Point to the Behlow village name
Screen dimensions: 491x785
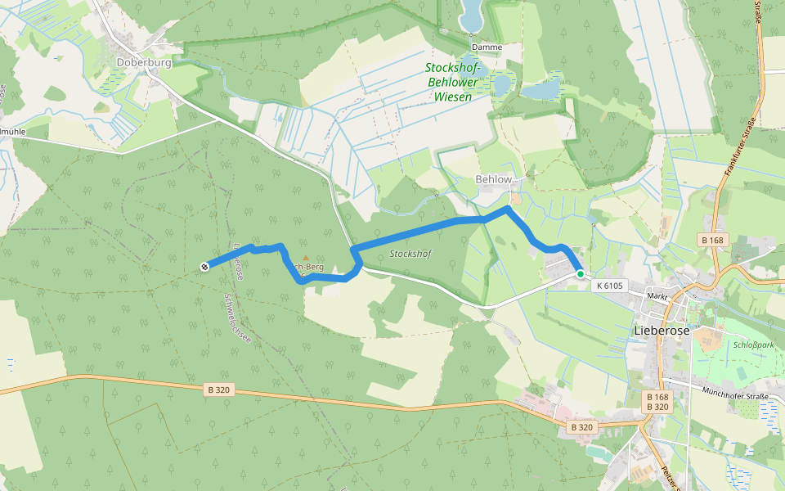[494, 179]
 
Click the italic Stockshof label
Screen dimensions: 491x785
[410, 254]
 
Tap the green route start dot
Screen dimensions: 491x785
[581, 274]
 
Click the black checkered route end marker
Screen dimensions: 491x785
[204, 266]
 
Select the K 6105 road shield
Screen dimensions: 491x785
[610, 286]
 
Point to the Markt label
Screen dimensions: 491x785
[657, 295]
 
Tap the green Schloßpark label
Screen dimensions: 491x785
[753, 345]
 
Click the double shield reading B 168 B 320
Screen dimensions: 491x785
[657, 402]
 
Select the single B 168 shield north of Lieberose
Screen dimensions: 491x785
[712, 240]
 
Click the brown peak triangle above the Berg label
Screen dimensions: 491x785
[306, 258]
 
